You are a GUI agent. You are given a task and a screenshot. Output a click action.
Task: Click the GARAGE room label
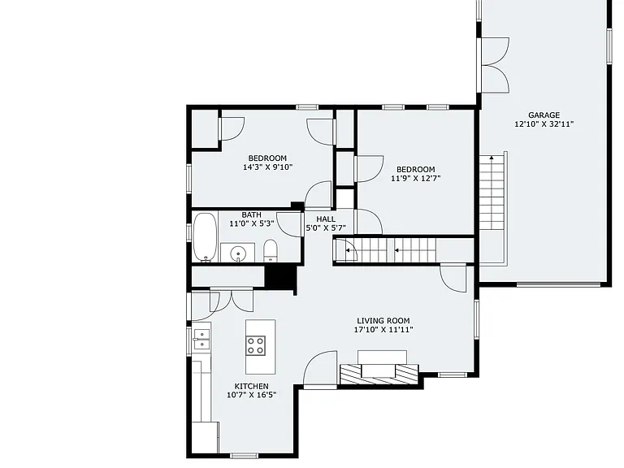click(x=544, y=115)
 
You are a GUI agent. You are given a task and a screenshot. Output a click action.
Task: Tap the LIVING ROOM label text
click(x=383, y=321)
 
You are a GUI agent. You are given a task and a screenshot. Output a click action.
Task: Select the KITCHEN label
click(x=252, y=386)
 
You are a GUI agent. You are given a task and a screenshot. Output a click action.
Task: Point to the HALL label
click(x=326, y=219)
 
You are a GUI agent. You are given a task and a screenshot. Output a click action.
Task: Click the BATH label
click(x=252, y=214)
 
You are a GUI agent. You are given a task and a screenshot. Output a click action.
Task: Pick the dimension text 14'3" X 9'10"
click(x=268, y=167)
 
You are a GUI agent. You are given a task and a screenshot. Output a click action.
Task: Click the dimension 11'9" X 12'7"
click(x=416, y=178)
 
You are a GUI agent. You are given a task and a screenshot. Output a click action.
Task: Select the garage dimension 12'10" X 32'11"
click(x=544, y=124)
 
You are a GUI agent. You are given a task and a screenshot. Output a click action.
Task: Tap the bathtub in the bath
click(x=206, y=236)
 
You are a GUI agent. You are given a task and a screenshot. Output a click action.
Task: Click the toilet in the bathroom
click(x=271, y=251)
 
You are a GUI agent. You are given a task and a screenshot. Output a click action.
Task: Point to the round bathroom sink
click(x=238, y=253)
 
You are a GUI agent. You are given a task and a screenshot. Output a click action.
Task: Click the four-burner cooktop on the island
click(x=255, y=345)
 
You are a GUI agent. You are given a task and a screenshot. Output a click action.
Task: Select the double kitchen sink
click(x=201, y=339)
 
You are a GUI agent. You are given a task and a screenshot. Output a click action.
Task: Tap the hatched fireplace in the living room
click(x=379, y=374)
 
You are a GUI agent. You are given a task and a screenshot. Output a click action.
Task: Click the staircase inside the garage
click(x=492, y=193)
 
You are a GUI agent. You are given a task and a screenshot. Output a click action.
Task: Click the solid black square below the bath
click(x=280, y=275)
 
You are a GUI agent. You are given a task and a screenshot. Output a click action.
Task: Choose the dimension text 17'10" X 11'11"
click(x=383, y=330)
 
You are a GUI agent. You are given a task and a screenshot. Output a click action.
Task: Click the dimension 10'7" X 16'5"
click(x=252, y=395)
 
